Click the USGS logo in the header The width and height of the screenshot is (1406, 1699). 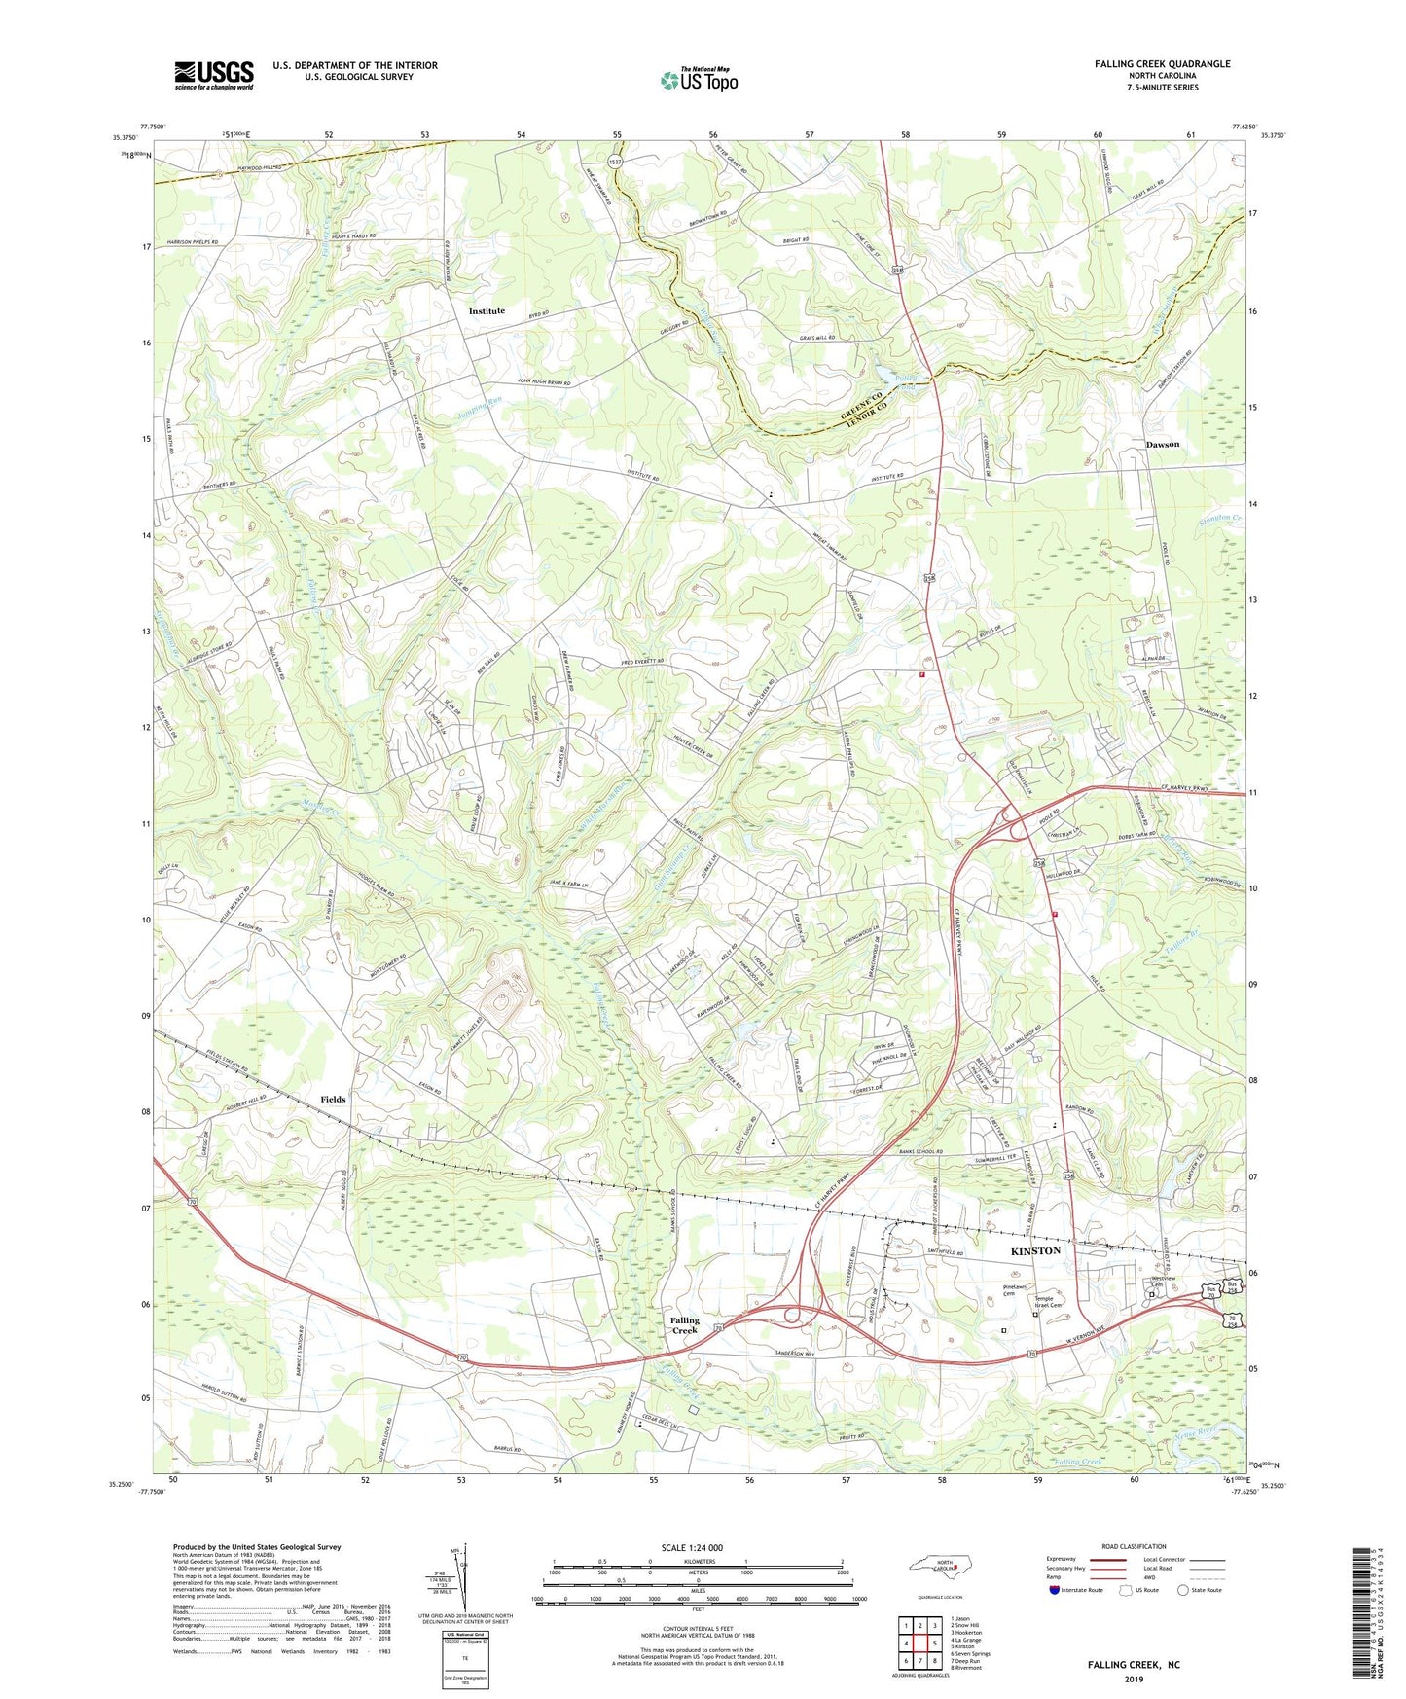[214, 74]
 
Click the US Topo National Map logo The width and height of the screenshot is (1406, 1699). [698, 80]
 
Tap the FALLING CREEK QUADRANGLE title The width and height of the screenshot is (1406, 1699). [1162, 64]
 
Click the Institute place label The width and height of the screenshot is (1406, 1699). [487, 311]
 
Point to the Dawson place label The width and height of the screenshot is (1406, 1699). [1162, 445]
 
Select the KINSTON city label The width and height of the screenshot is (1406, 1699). [1035, 1251]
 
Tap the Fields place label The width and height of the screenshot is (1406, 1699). [333, 1100]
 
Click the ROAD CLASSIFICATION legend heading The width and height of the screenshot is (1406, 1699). [1133, 1546]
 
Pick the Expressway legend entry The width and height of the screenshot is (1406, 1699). [1064, 1559]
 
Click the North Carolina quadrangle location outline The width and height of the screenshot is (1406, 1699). [941, 1568]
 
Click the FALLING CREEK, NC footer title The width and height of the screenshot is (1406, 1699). [1134, 1665]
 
